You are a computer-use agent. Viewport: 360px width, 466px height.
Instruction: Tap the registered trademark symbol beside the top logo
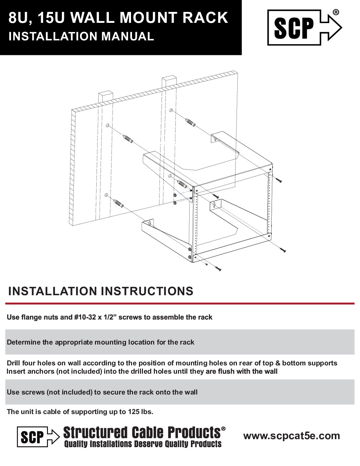pos(335,12)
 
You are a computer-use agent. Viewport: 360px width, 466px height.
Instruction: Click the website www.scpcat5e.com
pos(292,436)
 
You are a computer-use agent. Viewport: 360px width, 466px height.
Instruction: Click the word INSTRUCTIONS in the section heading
pos(147,291)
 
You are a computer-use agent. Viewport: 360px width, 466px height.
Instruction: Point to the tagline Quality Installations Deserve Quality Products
pos(143,444)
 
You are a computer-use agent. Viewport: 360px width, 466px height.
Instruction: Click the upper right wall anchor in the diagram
pos(190,121)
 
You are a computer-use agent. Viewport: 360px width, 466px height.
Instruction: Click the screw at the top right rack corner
pos(279,180)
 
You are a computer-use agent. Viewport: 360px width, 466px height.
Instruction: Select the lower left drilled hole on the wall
pos(106,195)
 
